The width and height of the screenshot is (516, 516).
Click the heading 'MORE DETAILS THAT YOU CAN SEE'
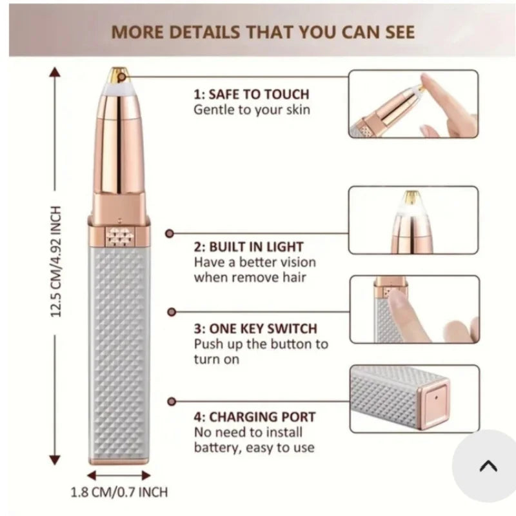click(263, 32)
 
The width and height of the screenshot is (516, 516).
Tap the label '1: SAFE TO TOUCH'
click(252, 94)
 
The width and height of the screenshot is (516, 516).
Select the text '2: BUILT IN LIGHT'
click(248, 247)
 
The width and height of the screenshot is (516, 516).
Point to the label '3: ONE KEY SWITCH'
click(255, 328)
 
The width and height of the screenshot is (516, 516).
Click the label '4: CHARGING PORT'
click(254, 417)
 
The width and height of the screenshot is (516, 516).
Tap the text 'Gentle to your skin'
click(252, 110)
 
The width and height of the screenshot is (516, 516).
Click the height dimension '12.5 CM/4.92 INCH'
click(55, 262)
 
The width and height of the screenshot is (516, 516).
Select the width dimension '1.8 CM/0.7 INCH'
click(119, 492)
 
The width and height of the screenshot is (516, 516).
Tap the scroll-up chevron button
click(488, 466)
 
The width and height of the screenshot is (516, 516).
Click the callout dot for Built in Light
click(170, 233)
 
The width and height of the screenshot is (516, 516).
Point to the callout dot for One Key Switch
click(172, 312)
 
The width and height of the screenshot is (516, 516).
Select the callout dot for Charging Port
click(172, 401)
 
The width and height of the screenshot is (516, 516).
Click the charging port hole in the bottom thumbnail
click(437, 397)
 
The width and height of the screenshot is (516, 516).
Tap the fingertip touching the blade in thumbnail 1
click(427, 83)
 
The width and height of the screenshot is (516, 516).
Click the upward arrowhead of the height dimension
click(55, 72)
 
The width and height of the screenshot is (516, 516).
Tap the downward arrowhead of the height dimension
click(55, 460)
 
